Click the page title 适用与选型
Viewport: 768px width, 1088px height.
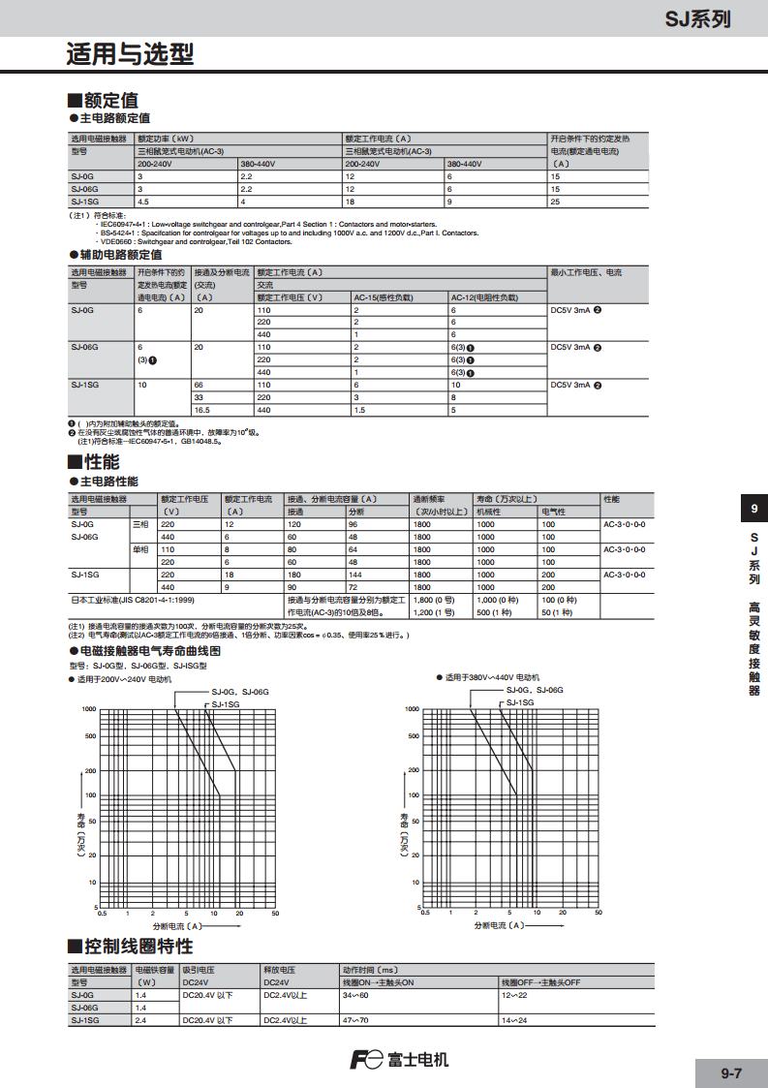pyautogui.click(x=130, y=54)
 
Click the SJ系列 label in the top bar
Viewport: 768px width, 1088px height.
pyautogui.click(x=696, y=18)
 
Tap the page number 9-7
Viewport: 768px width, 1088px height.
pyautogui.click(x=731, y=1072)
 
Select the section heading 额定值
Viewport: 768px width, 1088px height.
pyautogui.click(x=109, y=100)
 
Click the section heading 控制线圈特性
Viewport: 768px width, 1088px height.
pyautogui.click(x=137, y=946)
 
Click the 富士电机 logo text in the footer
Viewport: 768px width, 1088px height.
pyautogui.click(x=417, y=1059)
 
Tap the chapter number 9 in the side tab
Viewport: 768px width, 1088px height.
pyautogui.click(x=754, y=509)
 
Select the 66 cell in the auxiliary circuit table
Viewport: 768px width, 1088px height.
pyautogui.click(x=200, y=385)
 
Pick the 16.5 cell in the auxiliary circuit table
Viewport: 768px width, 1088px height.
pyautogui.click(x=203, y=410)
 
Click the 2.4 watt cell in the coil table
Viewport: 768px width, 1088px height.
pyautogui.click(x=141, y=1020)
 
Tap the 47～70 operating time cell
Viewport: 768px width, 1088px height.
pyautogui.click(x=355, y=1020)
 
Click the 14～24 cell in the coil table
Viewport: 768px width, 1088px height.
pyautogui.click(x=514, y=1020)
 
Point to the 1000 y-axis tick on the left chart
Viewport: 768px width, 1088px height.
pyautogui.click(x=89, y=709)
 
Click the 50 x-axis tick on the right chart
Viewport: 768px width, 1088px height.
pyautogui.click(x=599, y=913)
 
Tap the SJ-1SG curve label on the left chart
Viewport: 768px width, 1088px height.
pyautogui.click(x=226, y=703)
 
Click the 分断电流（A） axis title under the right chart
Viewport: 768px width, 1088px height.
pyautogui.click(x=499, y=926)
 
